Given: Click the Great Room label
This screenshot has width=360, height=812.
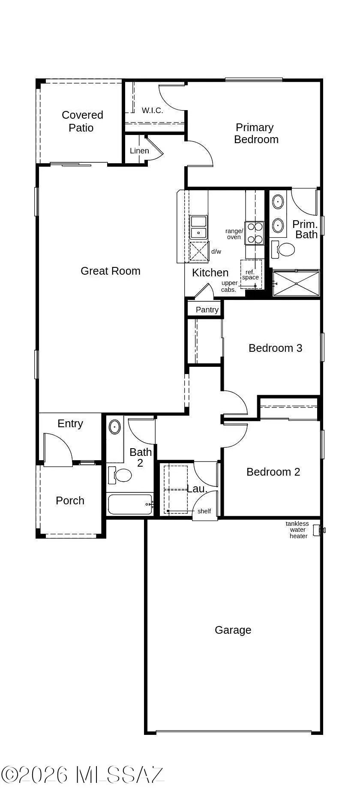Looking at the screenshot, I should point(111,271).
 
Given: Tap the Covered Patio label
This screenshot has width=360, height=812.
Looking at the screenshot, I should point(82,121).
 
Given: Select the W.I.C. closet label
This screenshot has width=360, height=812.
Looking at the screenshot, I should point(152,111).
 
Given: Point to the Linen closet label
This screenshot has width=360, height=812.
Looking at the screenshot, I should point(139,151).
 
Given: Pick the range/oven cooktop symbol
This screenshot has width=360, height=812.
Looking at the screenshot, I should point(254,233).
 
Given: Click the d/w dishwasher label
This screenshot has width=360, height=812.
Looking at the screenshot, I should point(216,252).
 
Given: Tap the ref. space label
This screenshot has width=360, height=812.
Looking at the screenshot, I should point(250,275).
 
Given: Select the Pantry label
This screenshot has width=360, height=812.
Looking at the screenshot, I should point(207,309).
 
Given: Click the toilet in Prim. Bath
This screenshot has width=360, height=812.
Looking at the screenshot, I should point(283,249).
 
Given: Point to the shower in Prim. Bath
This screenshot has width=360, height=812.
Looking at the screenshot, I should point(296,283).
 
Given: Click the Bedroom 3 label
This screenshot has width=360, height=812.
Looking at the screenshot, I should point(275,348).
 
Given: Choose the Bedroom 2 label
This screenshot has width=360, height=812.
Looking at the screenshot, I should point(273,472).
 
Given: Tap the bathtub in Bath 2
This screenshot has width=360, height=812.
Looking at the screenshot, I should point(129,504).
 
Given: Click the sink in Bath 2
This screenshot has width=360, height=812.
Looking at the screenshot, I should point(115,427).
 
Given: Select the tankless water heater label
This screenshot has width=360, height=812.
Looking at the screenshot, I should point(297,530).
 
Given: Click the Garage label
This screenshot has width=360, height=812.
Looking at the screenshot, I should point(233,630).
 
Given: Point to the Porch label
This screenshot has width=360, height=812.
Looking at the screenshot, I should point(70,500).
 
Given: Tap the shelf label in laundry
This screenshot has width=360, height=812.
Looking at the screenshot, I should point(204,511).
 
